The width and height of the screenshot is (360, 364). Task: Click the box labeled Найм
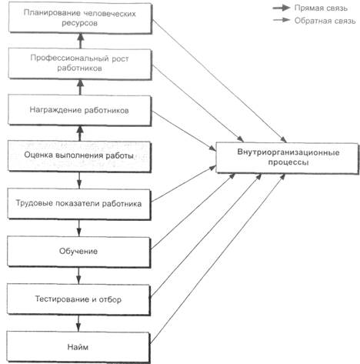pos(78,347)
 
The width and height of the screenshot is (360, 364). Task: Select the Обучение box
pos(78,252)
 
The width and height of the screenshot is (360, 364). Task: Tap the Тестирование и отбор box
pos(78,299)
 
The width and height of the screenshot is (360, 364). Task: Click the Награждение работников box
pos(79,110)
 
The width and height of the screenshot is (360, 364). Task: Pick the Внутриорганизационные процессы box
pos(287,158)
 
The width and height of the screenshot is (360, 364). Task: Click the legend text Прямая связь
pos(321,8)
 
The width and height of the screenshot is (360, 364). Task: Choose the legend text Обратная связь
pos(325,21)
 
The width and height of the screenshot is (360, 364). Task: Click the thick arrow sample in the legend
pos(282,8)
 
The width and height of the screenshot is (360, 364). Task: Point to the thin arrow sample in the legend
pos(282,20)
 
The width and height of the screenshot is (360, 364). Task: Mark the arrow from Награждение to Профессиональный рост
pos(80,87)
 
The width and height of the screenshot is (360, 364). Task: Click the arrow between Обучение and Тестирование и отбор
pos(78,276)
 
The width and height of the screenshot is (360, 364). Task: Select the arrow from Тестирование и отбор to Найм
pos(78,323)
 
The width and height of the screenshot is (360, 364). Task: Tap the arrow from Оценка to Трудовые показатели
pos(79,180)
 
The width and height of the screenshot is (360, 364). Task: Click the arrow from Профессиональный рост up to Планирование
pos(81,41)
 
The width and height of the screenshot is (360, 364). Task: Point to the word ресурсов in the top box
pos(79,23)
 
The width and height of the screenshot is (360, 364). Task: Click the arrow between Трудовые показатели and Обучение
pos(78,228)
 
